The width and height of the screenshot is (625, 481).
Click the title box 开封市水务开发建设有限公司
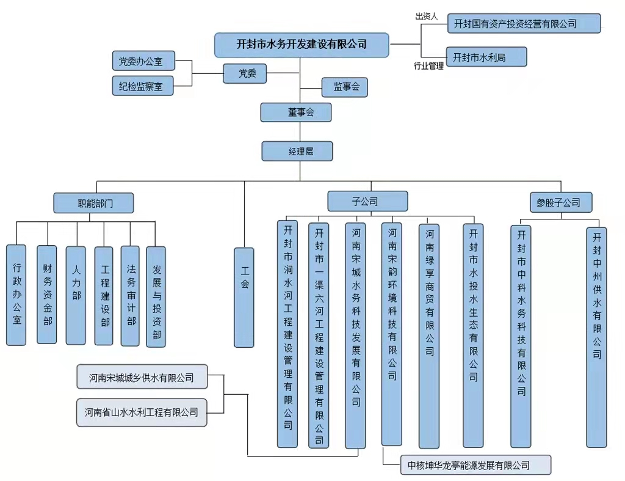302,44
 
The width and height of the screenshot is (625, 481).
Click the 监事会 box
345,87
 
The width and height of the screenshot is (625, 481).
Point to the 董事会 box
297,112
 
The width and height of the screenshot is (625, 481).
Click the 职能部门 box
93,203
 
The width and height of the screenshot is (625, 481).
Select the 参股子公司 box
554,202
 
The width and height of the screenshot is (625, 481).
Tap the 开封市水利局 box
486,57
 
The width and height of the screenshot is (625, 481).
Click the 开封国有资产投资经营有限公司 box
524,24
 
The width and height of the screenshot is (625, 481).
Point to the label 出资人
427,17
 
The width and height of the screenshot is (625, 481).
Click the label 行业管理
428,66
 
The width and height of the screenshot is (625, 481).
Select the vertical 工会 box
244,297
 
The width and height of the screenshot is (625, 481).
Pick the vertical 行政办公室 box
16,295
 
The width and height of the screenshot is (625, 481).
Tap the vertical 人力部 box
76,295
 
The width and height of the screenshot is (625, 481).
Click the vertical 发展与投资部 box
156,297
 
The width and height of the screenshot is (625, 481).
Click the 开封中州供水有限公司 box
596,337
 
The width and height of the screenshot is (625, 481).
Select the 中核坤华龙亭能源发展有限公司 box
475,465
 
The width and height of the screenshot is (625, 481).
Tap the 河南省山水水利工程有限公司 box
142,413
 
